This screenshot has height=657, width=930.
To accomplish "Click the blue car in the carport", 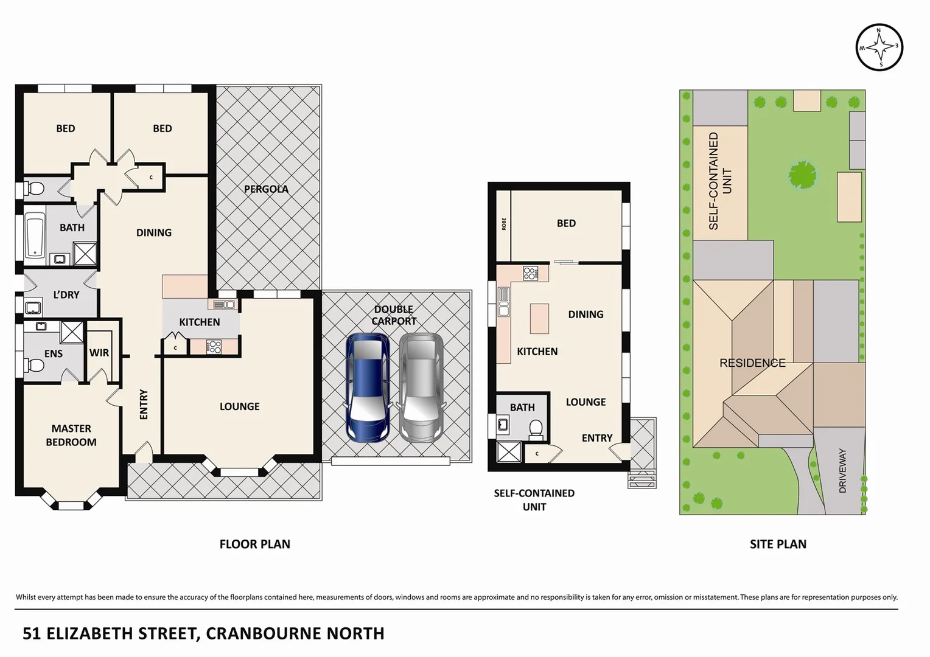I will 368,388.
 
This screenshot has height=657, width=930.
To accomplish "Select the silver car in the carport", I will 421,388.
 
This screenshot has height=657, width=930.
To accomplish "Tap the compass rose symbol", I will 879,47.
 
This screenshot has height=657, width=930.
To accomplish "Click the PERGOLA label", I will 266,189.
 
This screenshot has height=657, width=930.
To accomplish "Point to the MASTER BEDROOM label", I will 71,436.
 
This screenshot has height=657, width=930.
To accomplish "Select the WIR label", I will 99,353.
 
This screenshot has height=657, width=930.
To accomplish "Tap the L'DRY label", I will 66,295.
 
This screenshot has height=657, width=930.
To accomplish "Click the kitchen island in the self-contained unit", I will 539,318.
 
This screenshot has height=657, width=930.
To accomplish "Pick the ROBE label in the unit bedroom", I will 504,224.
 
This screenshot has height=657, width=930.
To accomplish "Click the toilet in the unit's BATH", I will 536,429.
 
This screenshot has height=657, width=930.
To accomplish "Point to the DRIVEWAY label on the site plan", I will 843,470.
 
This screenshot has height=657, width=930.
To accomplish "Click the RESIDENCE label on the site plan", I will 752,363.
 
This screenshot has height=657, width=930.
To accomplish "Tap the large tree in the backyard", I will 803,176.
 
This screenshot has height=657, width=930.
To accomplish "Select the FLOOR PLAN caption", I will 254,544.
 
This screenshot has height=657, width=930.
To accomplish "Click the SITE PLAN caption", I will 778,544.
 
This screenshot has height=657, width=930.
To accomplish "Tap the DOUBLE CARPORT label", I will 394,315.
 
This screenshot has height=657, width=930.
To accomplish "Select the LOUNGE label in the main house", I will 239,406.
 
